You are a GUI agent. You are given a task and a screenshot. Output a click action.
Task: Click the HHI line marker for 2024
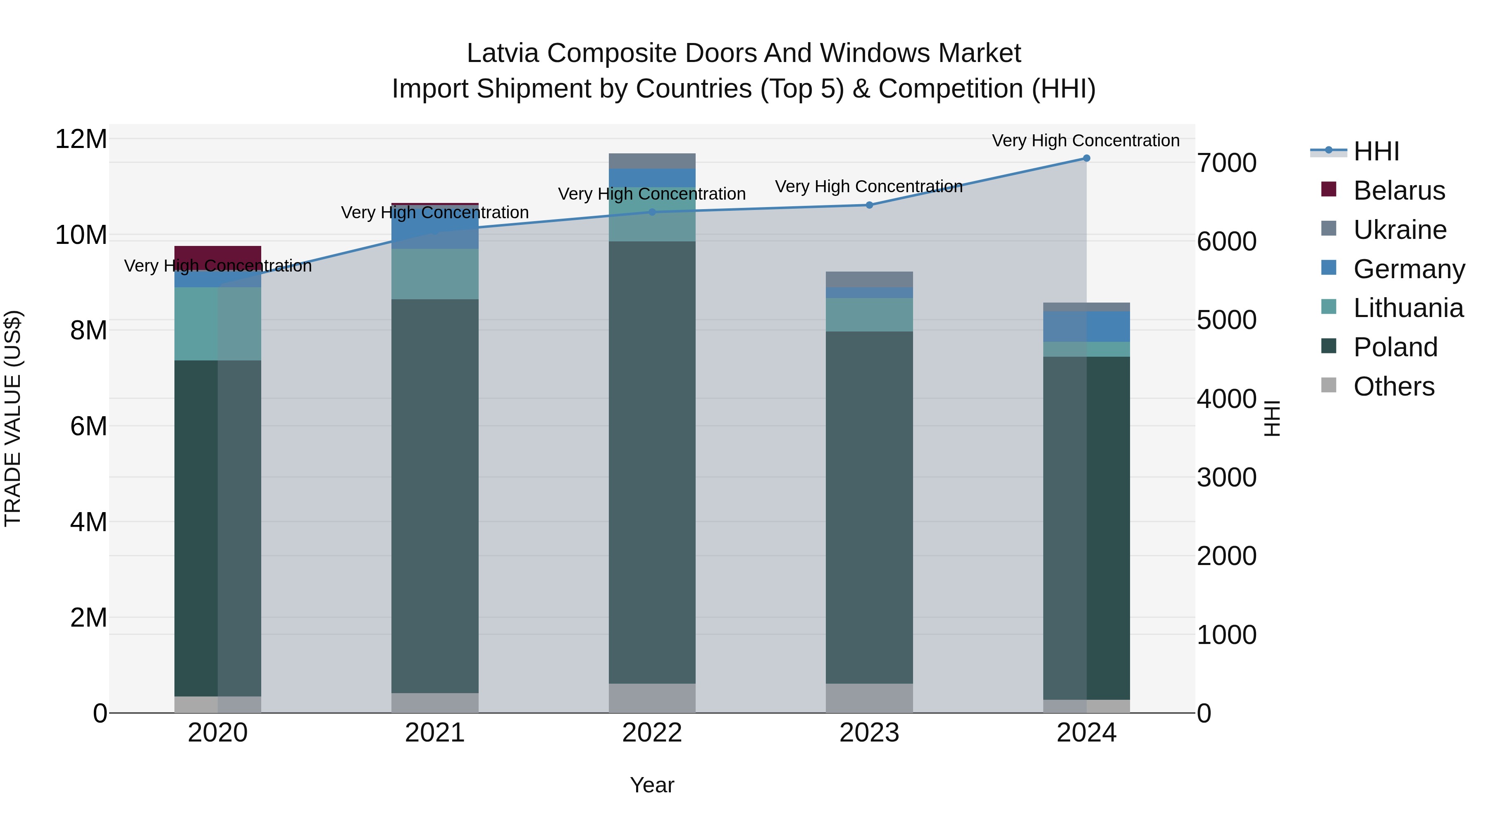1086,158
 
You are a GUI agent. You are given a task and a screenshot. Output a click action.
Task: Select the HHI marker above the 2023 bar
869,205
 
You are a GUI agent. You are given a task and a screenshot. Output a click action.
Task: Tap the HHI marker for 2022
652,212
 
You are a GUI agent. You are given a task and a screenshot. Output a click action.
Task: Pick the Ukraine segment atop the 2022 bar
652,161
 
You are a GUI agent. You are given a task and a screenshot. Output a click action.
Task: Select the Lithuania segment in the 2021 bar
435,274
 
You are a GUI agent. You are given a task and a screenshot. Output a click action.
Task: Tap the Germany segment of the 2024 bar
1086,327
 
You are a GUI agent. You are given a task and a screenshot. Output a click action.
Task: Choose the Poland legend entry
1395,347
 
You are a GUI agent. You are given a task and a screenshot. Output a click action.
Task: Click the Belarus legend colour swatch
1328,189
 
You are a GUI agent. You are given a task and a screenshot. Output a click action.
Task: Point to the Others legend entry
1393,386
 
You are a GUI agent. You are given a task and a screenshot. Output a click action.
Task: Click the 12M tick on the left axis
81,139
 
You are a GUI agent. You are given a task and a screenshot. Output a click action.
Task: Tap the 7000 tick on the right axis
1226,163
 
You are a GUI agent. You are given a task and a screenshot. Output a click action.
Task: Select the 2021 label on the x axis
435,733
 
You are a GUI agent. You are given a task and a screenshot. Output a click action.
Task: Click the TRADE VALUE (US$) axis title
13,418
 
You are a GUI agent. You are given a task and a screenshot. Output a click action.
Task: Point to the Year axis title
652,785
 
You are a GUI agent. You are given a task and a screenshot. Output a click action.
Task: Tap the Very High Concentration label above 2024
1085,141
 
